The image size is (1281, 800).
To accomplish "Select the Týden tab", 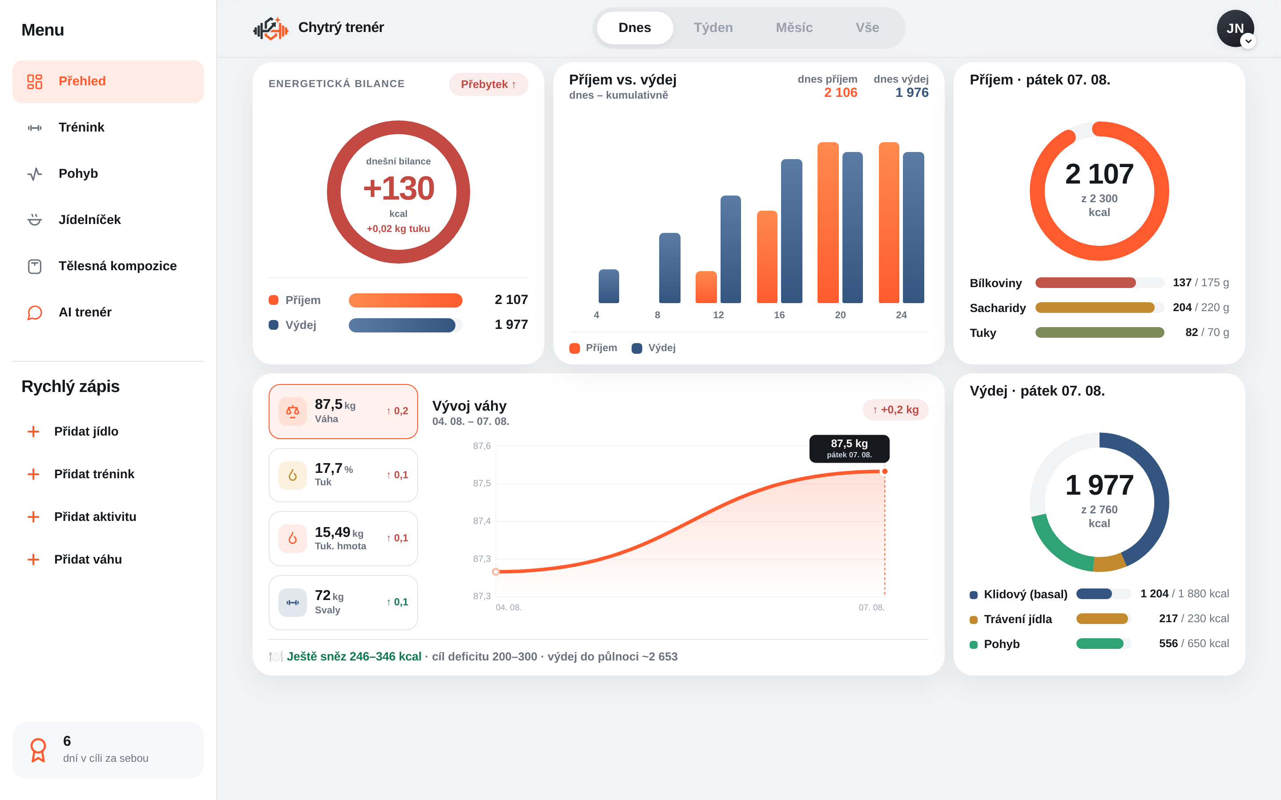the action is pos(713,28).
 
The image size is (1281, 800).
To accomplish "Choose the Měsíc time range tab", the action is pos(794,28).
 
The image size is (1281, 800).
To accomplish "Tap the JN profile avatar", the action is pos(1235,28).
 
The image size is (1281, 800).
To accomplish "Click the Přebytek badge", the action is pos(488,84).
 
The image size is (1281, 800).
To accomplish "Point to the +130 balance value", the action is pos(399,188).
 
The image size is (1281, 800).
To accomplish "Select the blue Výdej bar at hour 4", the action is pos(609,286).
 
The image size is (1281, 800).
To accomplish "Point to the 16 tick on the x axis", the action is pos(779,315).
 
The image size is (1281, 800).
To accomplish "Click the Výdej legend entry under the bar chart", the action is pos(654,348).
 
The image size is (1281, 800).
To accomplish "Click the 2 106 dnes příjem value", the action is pos(841,92).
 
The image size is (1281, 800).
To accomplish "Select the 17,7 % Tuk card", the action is pos(343,475).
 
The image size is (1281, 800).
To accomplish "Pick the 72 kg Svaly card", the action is pos(343,603).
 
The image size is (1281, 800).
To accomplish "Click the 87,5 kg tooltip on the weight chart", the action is pos(849,448).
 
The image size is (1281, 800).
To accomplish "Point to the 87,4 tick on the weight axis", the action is pos(482,521).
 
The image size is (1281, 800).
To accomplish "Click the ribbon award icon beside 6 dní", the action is pos(38,750).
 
